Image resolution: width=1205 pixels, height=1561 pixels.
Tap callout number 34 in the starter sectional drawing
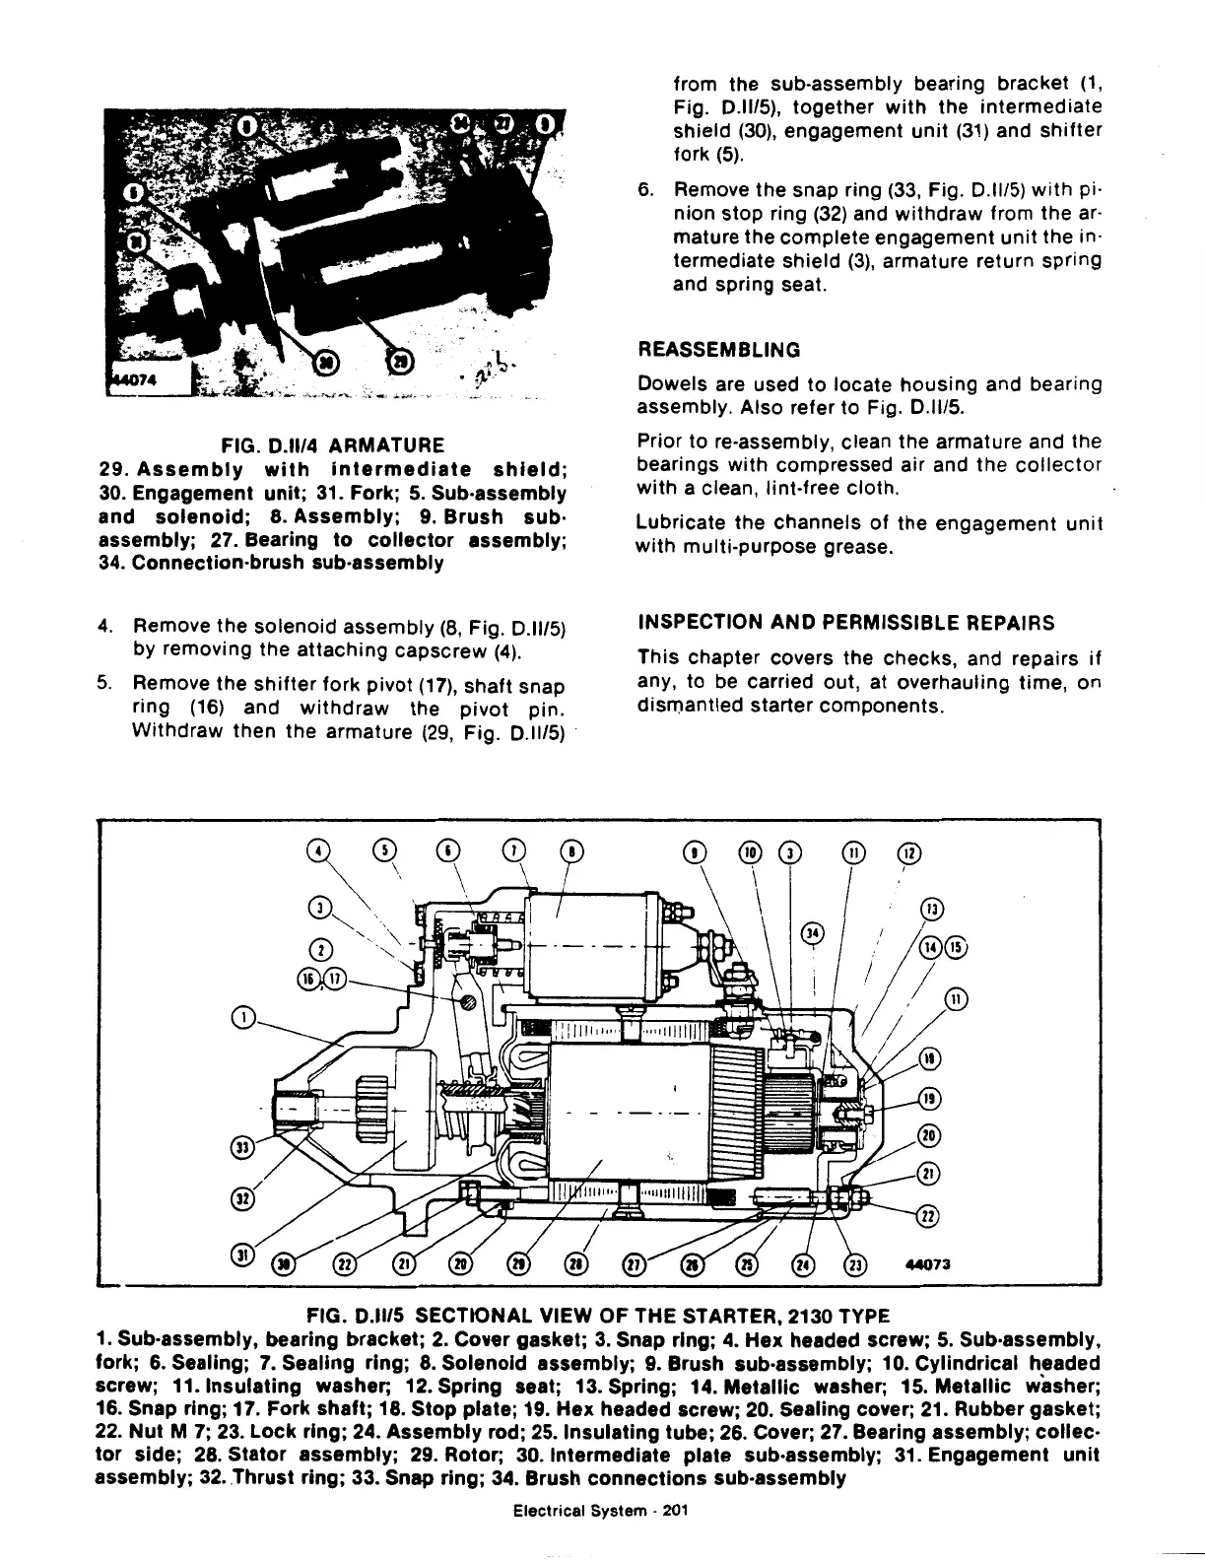pyautogui.click(x=812, y=932)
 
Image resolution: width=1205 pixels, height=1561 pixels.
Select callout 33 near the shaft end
pyautogui.click(x=239, y=1145)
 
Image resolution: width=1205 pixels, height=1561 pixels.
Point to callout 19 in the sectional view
pyautogui.click(x=927, y=1099)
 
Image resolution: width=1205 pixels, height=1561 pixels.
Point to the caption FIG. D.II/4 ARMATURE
pyautogui.click(x=332, y=445)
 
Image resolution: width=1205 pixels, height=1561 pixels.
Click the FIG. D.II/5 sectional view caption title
pyautogui.click(x=598, y=1316)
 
